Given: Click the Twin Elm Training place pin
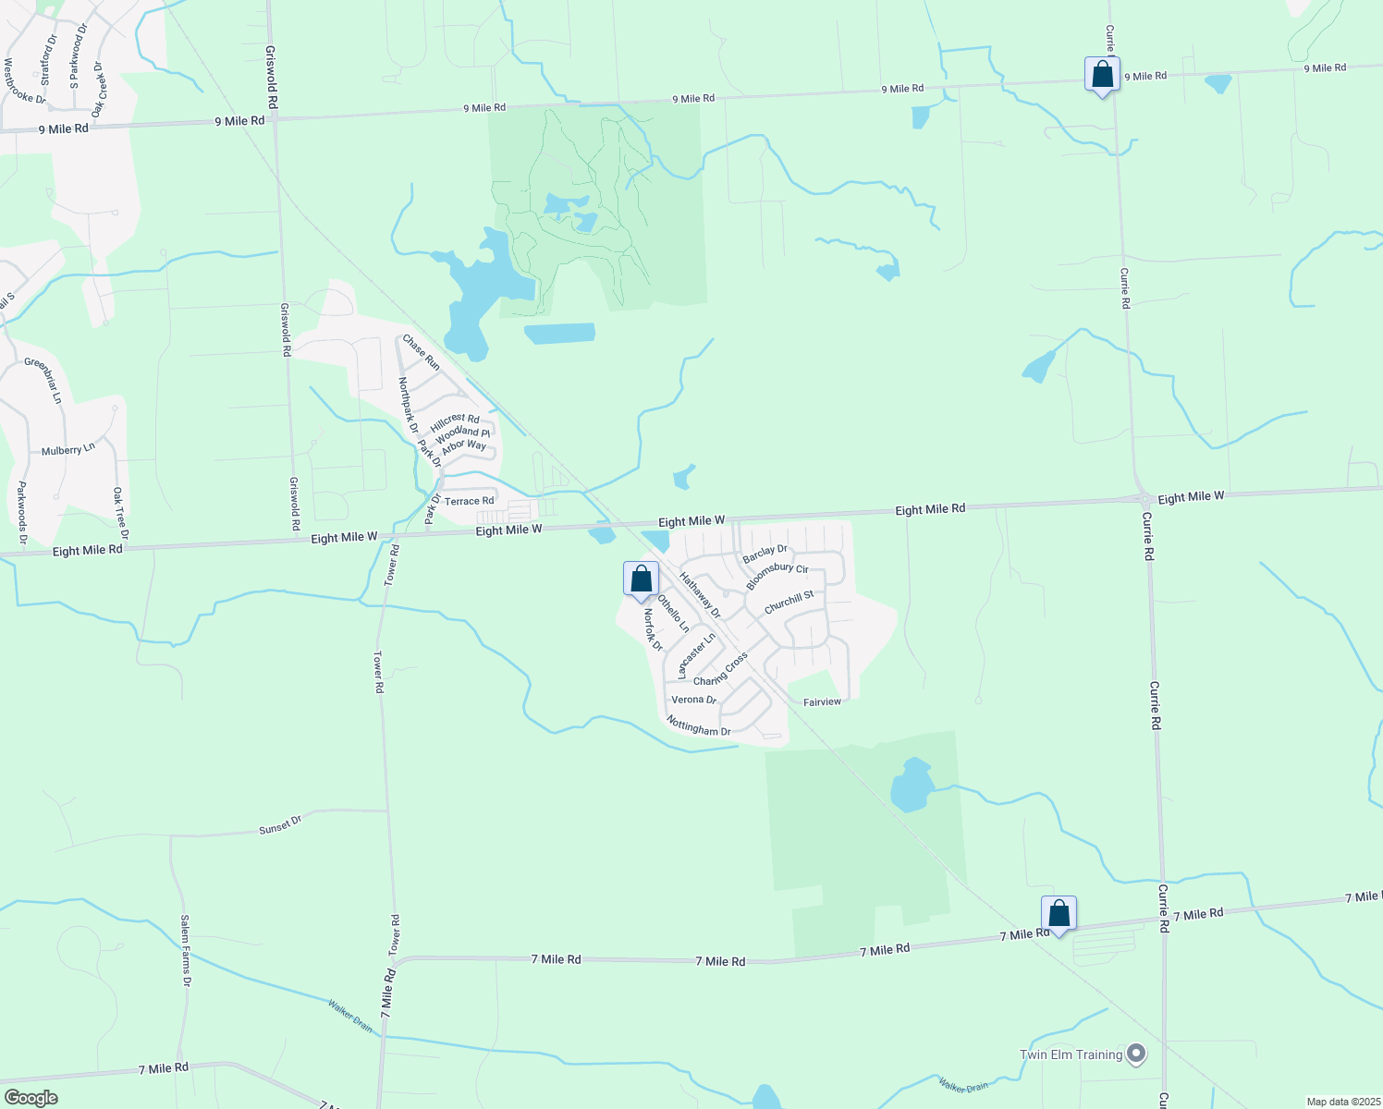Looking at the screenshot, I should (1136, 1054).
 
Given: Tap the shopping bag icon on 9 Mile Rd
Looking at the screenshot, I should (1102, 75).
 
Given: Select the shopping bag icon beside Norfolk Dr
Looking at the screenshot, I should (641, 579).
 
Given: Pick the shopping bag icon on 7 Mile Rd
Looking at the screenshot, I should (1059, 914).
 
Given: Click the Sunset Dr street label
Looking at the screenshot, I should (280, 824).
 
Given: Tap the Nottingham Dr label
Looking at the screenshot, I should (699, 727).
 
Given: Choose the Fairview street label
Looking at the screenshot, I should (822, 702).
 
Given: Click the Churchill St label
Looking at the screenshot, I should (789, 602).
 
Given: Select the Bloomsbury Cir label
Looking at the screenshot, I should (777, 575).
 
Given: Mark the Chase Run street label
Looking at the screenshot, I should (421, 352).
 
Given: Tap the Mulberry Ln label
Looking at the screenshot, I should (68, 450).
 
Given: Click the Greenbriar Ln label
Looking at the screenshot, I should (43, 380).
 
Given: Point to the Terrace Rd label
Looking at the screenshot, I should (469, 501).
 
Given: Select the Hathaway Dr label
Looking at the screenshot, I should (700, 594).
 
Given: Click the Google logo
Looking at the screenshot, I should (31, 1097).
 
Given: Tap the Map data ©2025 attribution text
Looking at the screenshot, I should (1342, 1102).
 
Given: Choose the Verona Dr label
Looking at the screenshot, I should (693, 700).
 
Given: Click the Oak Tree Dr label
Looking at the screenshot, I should (120, 514).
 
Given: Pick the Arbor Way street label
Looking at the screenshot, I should (463, 446).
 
